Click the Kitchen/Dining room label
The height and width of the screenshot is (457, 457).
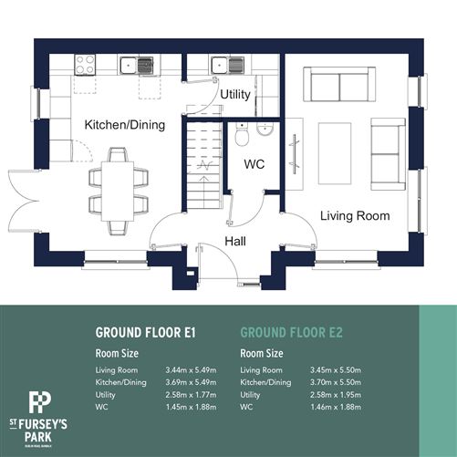pos(122,124)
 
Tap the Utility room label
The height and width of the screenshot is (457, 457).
pos(235,94)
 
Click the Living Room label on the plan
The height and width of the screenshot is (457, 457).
pos(355,216)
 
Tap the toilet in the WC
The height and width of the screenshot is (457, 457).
pos(243,136)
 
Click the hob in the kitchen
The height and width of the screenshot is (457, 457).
pos(86,65)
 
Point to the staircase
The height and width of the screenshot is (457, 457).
pos(202,165)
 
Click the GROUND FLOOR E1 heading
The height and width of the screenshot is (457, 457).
pos(146,333)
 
